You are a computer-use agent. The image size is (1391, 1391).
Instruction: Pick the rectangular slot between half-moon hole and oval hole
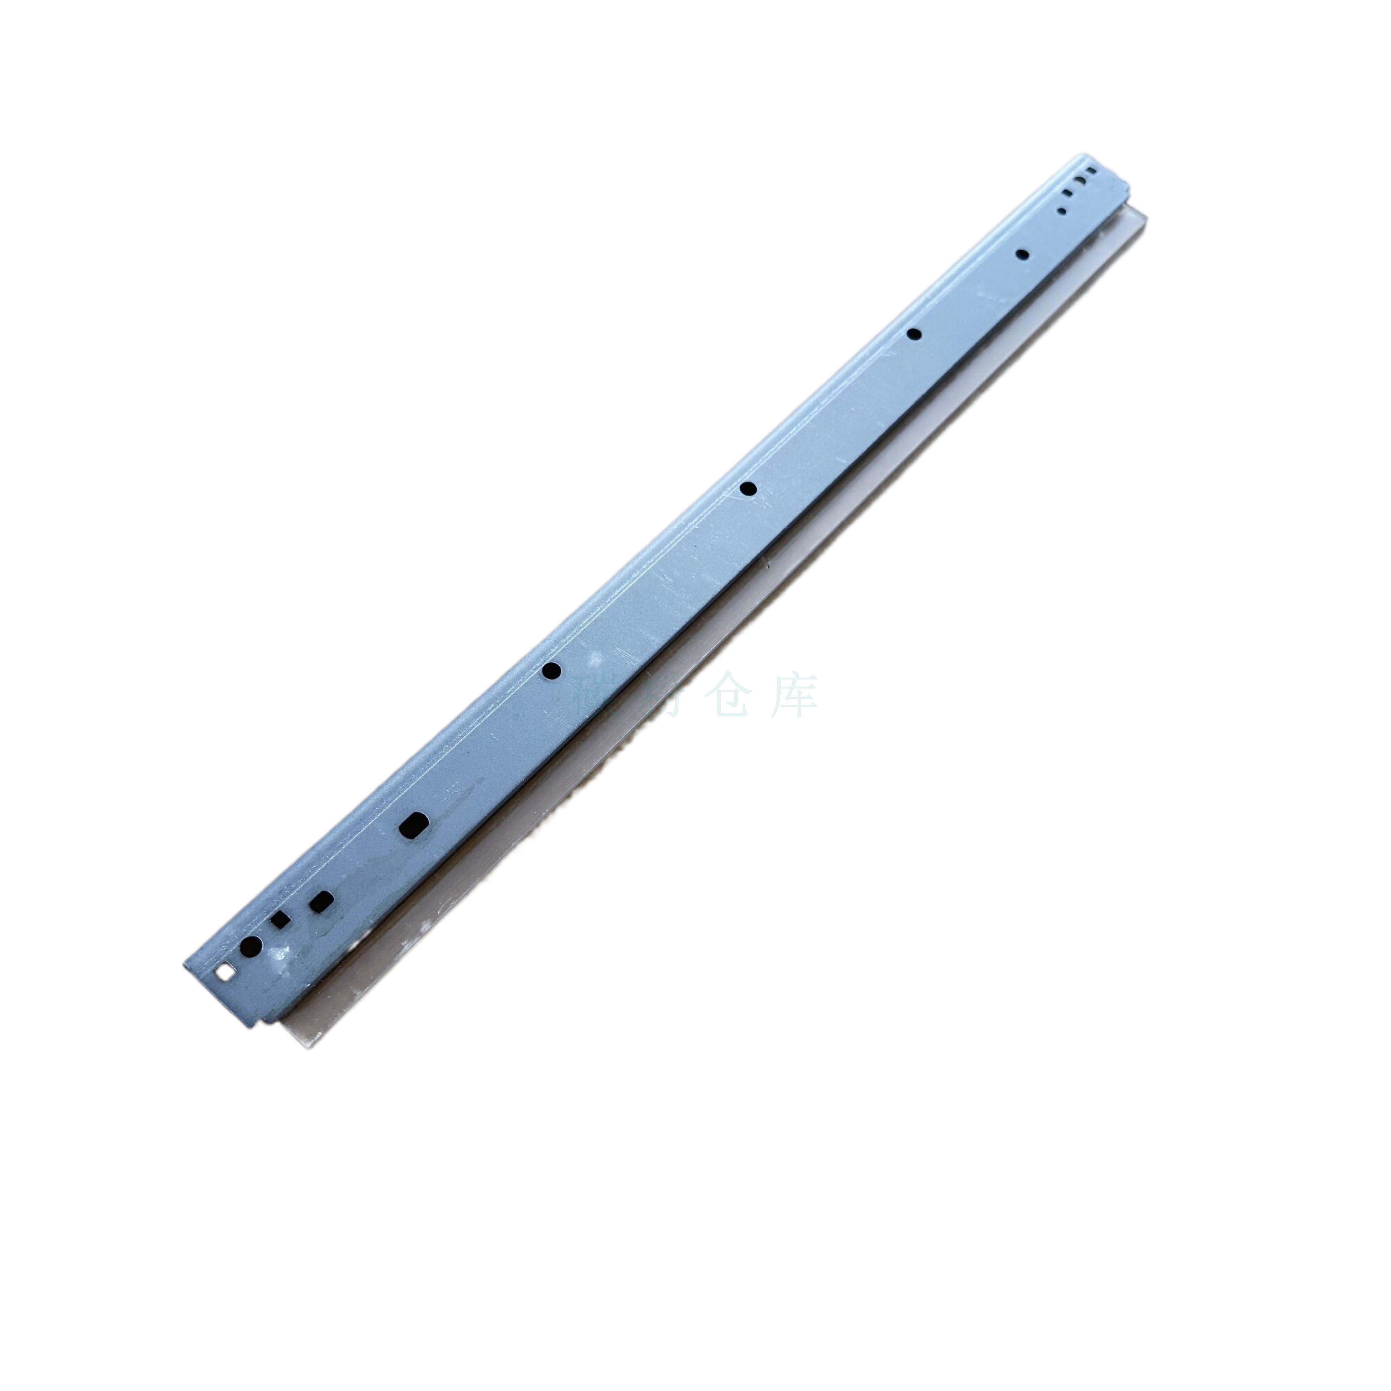[x=1067, y=193]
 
